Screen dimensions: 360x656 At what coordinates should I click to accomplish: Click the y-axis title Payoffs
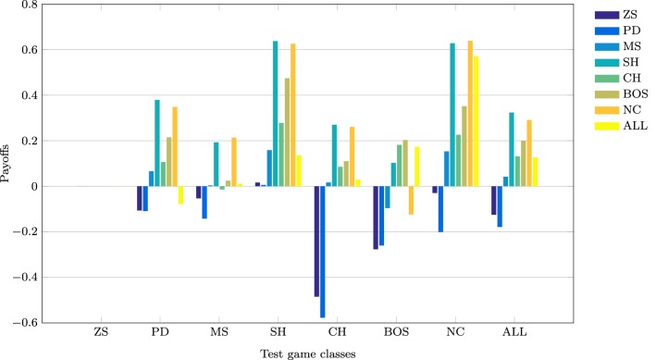pyautogui.click(x=7, y=163)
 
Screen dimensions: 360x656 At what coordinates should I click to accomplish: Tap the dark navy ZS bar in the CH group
pyautogui.click(x=316, y=241)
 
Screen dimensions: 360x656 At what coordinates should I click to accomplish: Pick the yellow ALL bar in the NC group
pyautogui.click(x=477, y=121)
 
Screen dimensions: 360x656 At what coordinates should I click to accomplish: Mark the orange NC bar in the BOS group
pyautogui.click(x=412, y=201)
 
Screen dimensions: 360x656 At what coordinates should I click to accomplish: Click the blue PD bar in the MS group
pyautogui.click(x=204, y=203)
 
